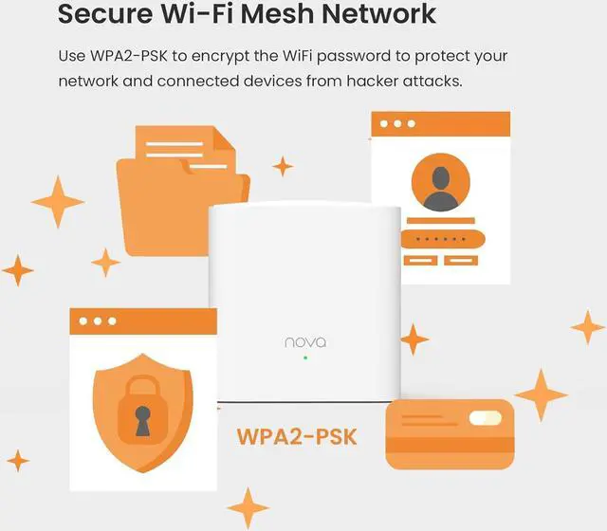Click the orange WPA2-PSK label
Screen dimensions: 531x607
pyautogui.click(x=296, y=436)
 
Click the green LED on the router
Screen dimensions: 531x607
pyautogui.click(x=305, y=358)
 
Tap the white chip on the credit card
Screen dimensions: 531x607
pyautogui.click(x=486, y=418)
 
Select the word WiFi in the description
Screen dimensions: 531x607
pyautogui.click(x=325, y=57)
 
